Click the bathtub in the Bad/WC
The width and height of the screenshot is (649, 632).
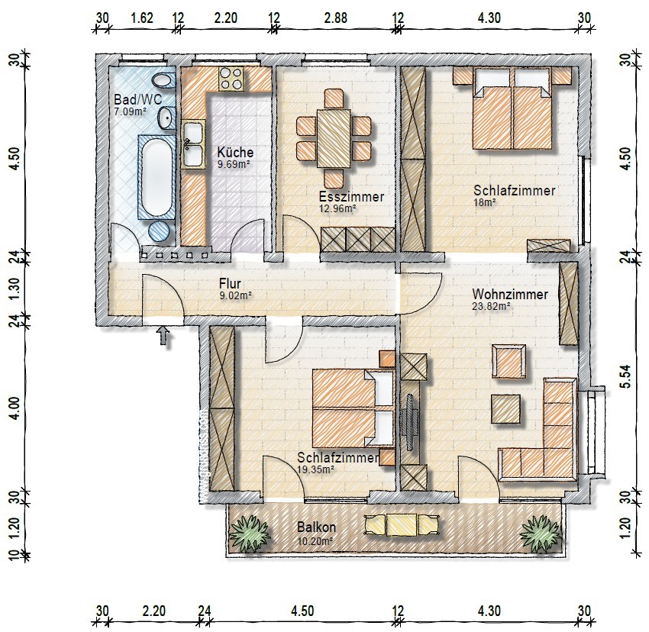coord(156,177)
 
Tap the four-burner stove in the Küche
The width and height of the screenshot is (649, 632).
coord(231,79)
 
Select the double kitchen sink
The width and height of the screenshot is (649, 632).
coord(193,143)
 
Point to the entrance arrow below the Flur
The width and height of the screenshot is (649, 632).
coord(164,336)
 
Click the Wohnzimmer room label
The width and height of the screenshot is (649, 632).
coord(510,295)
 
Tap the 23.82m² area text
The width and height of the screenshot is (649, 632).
coord(491,307)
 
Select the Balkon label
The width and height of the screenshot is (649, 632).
coord(317,527)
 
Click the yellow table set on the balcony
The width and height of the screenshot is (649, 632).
coord(402,524)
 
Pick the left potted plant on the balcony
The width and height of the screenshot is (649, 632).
coord(250,533)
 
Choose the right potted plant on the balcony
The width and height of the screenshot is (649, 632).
coord(541,533)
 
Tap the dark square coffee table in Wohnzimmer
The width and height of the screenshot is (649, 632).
coord(505,409)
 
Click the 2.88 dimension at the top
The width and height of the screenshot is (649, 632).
coord(336,18)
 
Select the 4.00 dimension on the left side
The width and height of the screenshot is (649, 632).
coord(14,409)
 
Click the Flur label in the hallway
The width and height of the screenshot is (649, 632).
coord(230,284)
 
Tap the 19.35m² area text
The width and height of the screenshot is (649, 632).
coord(316,469)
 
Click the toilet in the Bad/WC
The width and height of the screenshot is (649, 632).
coord(162,80)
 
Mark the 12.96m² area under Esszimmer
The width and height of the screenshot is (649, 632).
coord(337,208)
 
